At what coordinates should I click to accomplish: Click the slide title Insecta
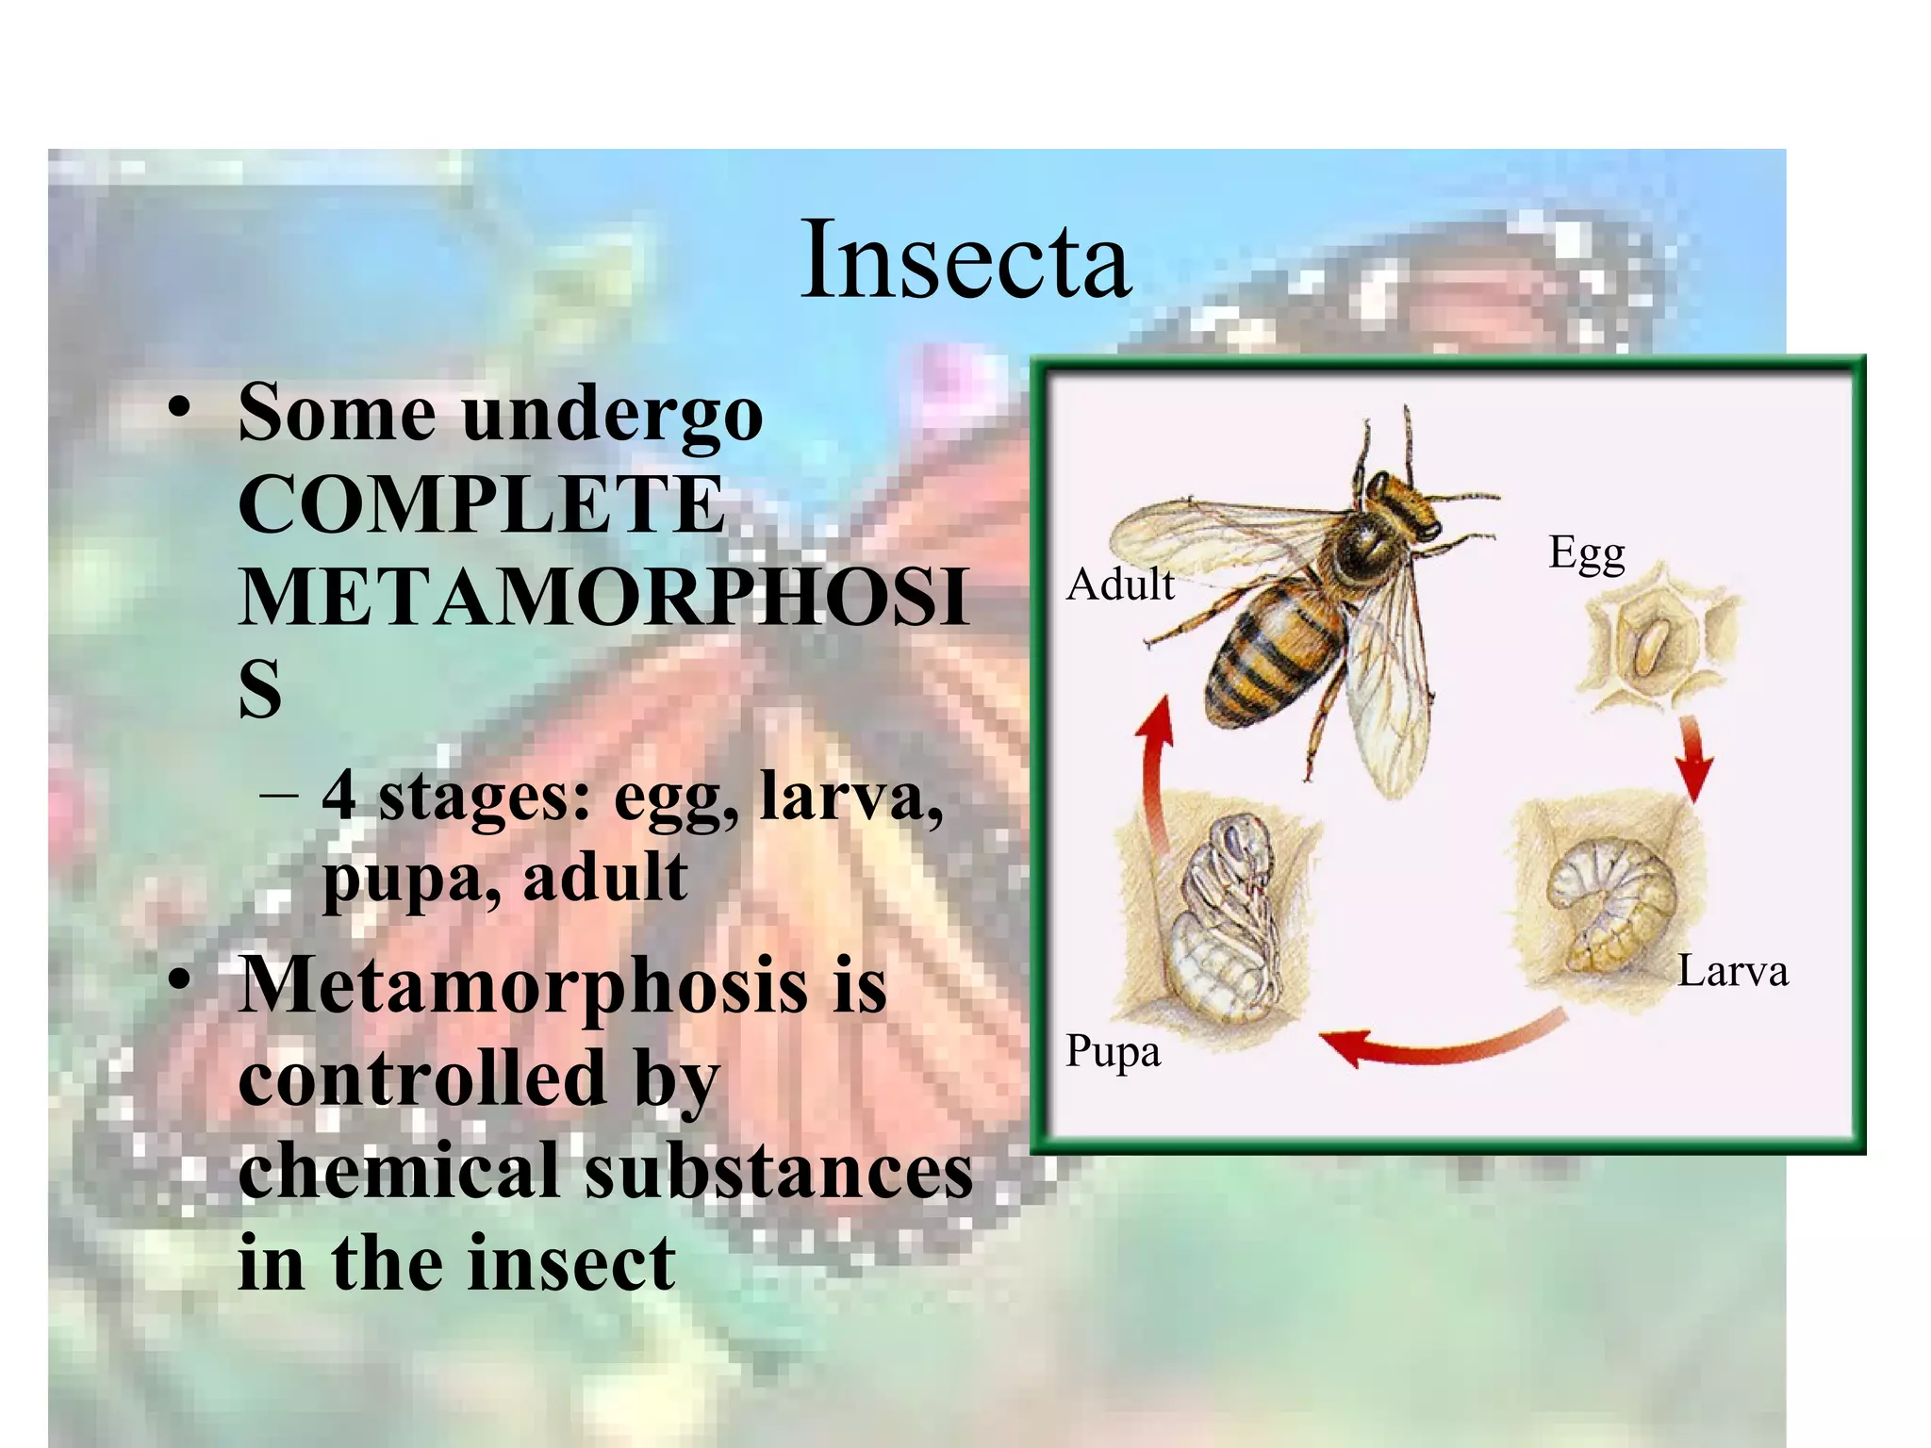(x=965, y=258)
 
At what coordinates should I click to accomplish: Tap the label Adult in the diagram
(x=1120, y=584)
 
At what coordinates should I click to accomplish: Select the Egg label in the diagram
(x=1587, y=553)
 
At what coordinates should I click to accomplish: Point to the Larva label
(x=1732, y=971)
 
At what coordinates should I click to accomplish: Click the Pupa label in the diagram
(x=1113, y=1051)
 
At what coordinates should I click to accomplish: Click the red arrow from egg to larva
(x=1693, y=759)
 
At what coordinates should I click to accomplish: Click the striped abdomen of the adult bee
(x=1268, y=660)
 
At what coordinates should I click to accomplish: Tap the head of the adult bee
(x=1405, y=500)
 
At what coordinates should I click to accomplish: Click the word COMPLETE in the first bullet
(x=481, y=504)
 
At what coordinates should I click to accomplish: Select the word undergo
(x=613, y=415)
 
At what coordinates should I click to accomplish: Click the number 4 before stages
(x=339, y=797)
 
